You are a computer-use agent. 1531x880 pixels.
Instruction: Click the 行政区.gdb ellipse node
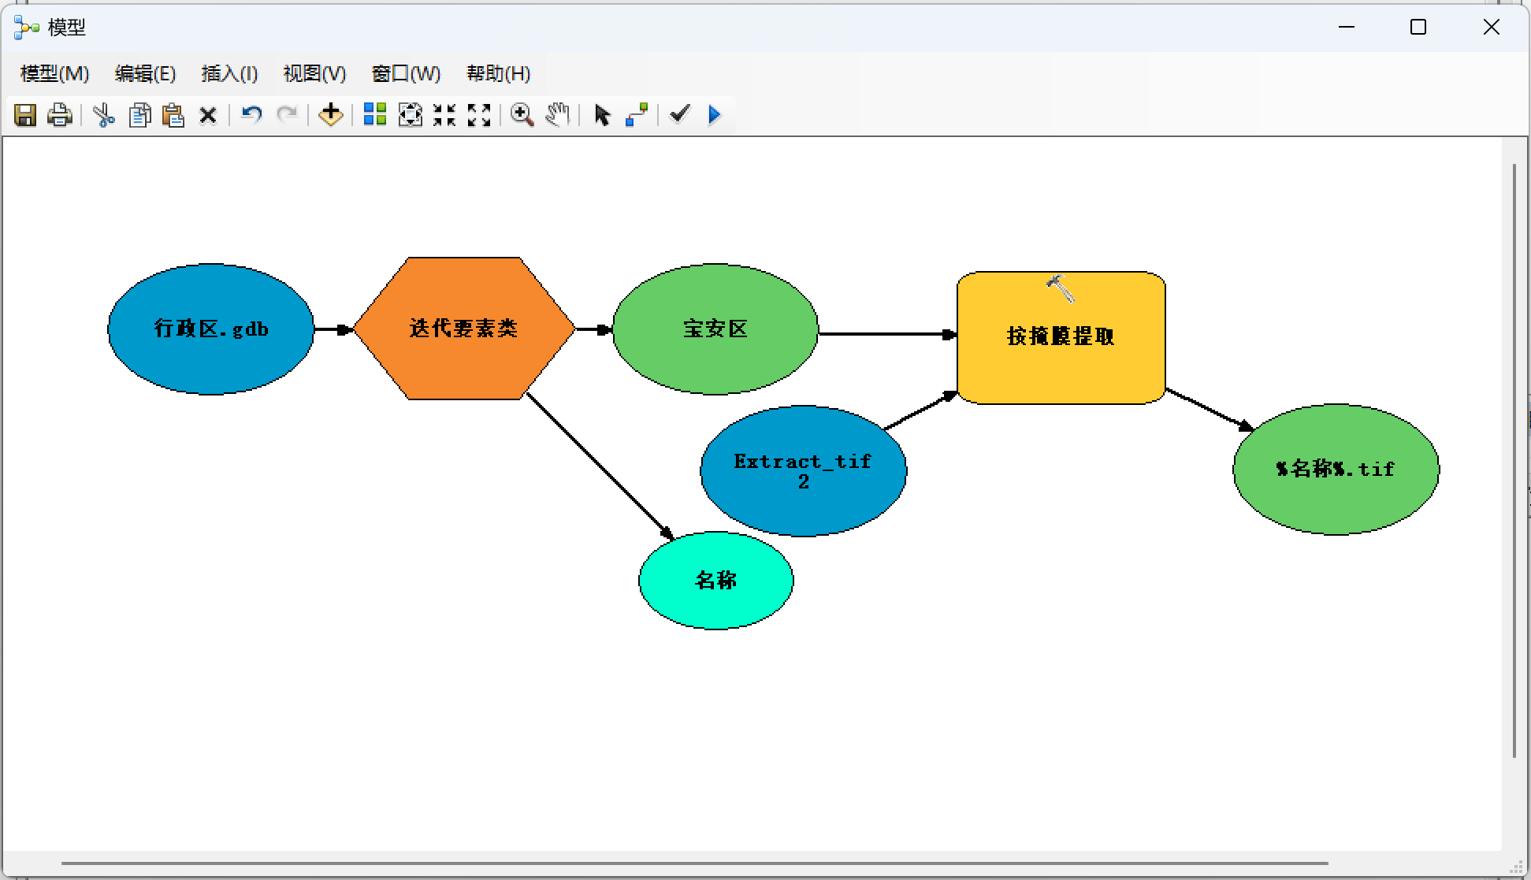210,329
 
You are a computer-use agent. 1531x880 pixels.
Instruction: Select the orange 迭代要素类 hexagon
463,329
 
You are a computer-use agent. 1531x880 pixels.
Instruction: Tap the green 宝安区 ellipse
715,329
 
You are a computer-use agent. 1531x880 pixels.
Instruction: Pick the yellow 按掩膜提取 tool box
1061,347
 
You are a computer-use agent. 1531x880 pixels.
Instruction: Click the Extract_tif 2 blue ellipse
803,471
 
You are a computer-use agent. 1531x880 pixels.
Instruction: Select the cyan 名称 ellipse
715,581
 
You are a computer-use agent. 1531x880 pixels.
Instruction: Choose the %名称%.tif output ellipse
1336,470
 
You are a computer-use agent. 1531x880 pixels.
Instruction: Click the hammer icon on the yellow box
1061,288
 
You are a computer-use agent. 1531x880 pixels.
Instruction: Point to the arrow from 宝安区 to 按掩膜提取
886,334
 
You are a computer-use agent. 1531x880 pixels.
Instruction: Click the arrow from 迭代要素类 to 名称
599,465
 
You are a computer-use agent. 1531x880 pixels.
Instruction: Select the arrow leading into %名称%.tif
1210,410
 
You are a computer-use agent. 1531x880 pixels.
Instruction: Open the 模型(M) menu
54,73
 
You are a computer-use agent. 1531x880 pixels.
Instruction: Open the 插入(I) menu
229,73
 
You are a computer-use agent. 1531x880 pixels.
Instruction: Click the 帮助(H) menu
498,73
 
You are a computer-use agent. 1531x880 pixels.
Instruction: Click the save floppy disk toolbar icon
25,115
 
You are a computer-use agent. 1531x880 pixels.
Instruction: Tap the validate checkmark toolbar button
679,115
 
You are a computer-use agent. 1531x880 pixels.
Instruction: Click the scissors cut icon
103,115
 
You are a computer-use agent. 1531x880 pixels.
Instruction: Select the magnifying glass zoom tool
522,115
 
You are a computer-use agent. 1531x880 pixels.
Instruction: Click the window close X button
1491,28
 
